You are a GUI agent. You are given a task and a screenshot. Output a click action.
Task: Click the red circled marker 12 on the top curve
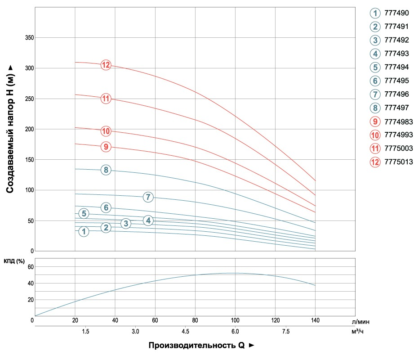[106, 65]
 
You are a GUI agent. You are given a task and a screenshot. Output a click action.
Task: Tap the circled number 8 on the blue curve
[106, 170]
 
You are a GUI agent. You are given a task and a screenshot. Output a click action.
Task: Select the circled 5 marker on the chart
[84, 213]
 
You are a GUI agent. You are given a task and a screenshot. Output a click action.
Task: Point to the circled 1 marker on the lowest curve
[84, 232]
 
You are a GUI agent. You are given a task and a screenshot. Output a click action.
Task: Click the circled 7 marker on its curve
[148, 197]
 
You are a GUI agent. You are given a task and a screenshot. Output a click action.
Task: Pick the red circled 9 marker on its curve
[106, 146]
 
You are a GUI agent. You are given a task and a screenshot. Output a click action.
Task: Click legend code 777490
[396, 13]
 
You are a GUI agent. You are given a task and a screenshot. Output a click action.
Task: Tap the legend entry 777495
[396, 81]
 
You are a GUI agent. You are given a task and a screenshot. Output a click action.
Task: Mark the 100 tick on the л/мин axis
[235, 320]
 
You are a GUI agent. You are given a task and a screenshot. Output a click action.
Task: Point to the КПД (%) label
[14, 261]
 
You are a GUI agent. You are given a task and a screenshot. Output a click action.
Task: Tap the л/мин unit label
[361, 322]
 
